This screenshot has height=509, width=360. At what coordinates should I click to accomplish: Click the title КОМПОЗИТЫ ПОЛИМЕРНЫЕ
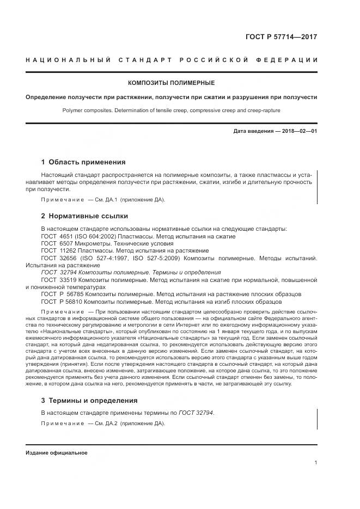click(x=171, y=83)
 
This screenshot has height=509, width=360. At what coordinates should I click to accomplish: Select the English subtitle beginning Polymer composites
click(x=171, y=111)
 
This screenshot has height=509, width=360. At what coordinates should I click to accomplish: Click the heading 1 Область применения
click(x=83, y=162)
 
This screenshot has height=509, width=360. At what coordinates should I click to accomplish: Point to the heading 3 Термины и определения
click(x=89, y=400)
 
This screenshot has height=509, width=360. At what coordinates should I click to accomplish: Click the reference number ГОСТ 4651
click(x=56, y=236)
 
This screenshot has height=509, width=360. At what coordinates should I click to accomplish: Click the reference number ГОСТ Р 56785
click(x=59, y=293)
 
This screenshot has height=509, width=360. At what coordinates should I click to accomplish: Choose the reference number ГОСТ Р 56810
click(x=59, y=301)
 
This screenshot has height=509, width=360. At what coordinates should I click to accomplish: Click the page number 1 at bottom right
click(x=316, y=462)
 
